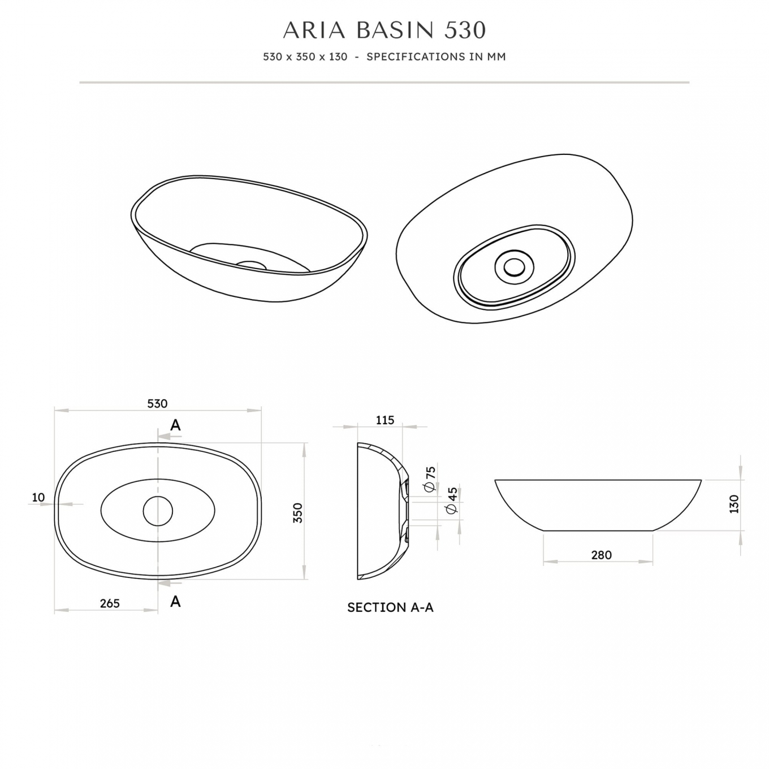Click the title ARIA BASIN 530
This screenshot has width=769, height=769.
(x=384, y=30)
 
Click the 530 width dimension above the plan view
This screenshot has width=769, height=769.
(x=157, y=404)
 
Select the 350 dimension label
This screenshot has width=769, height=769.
(x=298, y=513)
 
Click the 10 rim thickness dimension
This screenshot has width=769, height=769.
(x=38, y=497)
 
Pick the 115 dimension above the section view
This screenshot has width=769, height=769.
(x=384, y=420)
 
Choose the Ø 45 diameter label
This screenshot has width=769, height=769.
(x=452, y=501)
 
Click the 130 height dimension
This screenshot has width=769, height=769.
(x=734, y=504)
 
